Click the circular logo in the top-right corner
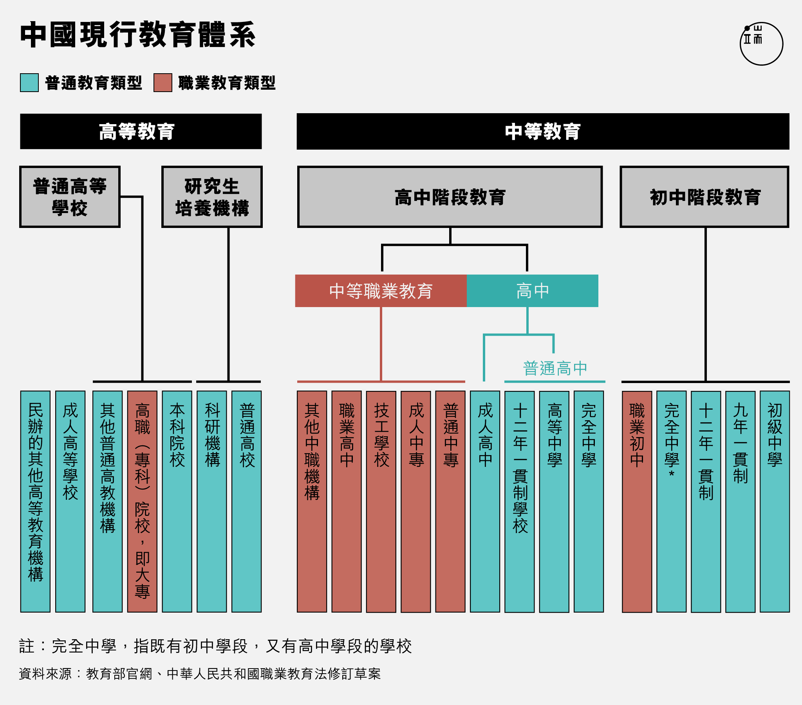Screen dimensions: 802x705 tap(761, 43)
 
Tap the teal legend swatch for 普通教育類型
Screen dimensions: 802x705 tap(29, 83)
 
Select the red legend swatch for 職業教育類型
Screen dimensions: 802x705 tap(163, 83)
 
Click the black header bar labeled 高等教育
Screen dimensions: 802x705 tap(141, 132)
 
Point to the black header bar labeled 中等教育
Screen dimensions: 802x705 tap(543, 132)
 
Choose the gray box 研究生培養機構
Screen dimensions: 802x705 tap(212, 197)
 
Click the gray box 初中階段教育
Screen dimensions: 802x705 tap(705, 197)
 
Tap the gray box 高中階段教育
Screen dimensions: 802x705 tap(450, 197)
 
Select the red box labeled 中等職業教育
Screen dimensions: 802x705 tap(381, 291)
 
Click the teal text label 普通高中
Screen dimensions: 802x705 tap(555, 369)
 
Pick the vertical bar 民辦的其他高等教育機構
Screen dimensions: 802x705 tap(35, 502)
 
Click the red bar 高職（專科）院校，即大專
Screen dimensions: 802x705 tap(143, 502)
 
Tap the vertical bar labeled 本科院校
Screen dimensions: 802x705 tap(177, 502)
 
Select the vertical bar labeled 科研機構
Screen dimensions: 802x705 tap(212, 502)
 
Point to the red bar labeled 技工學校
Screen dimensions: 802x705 tap(381, 502)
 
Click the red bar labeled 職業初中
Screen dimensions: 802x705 tap(637, 502)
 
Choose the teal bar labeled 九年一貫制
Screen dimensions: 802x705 tap(741, 502)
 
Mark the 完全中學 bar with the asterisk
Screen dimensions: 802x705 tap(671, 502)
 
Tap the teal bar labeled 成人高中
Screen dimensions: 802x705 tap(485, 502)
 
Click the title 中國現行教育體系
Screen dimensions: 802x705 tap(138, 35)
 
